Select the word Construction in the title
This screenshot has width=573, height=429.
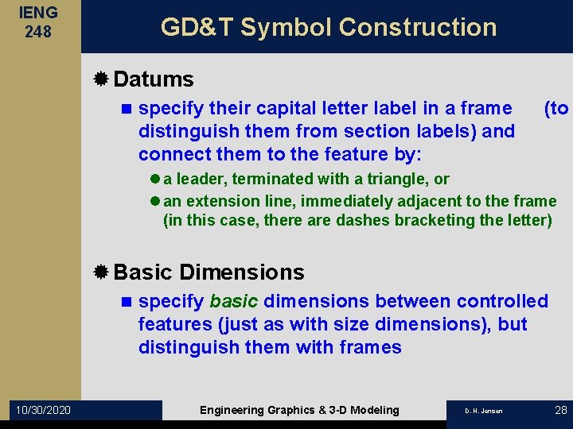[417, 27]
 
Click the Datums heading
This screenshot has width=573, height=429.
[154, 79]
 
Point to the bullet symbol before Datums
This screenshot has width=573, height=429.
[101, 79]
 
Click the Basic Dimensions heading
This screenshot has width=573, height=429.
[209, 272]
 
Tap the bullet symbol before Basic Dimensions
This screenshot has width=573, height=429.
[101, 272]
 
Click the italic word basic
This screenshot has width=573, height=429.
[233, 302]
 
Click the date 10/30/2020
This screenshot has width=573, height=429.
[41, 410]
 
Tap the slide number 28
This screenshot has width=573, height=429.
[559, 410]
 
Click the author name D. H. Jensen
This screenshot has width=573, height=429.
[484, 411]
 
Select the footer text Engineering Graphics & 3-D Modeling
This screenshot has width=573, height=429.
[299, 410]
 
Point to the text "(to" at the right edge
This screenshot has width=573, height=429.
[555, 108]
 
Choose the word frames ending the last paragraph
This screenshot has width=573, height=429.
[369, 347]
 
